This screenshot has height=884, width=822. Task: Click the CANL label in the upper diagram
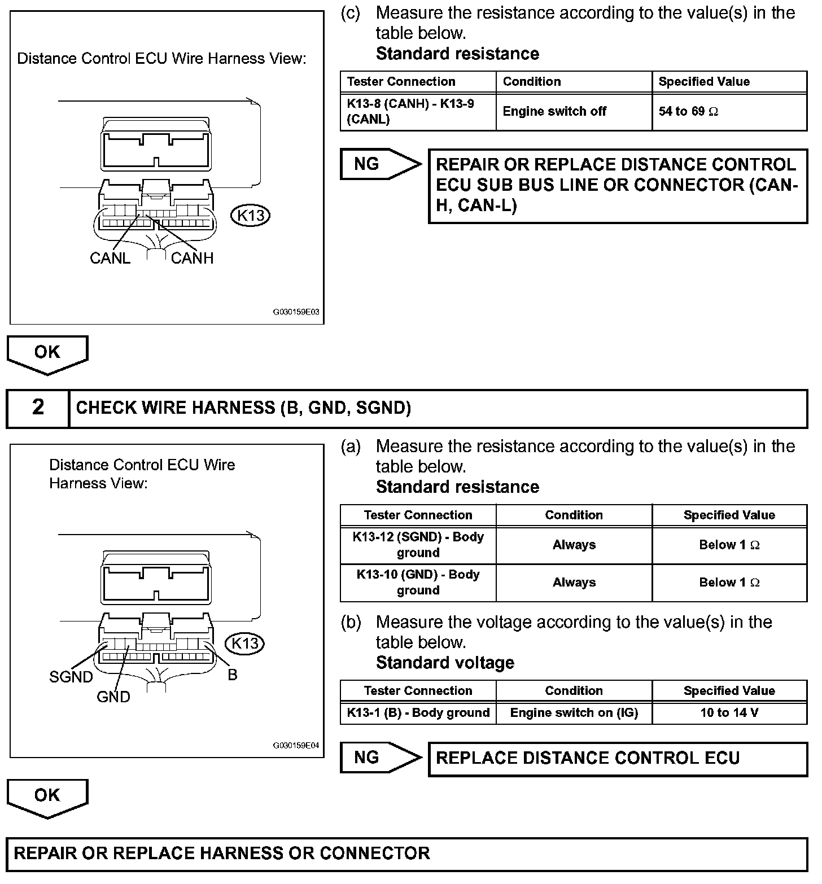(110, 258)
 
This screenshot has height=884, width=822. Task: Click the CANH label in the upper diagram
(192, 258)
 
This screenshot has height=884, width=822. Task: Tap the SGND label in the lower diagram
(71, 677)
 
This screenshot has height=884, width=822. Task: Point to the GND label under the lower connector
(113, 697)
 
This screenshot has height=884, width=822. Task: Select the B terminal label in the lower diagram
(233, 675)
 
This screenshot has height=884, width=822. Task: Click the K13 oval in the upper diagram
(251, 215)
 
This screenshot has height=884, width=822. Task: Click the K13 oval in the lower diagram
(245, 644)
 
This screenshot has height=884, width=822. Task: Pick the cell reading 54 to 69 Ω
(729, 112)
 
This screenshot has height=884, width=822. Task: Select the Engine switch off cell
(574, 112)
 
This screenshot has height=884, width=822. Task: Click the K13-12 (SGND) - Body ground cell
(418, 545)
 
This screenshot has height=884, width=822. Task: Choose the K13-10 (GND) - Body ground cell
(418, 582)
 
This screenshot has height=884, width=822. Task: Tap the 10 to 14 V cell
(729, 712)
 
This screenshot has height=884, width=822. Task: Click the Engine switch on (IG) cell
(574, 712)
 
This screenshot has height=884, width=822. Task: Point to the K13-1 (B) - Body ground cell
(418, 712)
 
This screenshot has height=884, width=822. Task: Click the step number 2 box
(38, 408)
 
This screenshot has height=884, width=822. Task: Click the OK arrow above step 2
(47, 353)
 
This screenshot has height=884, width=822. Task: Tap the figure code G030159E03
(296, 312)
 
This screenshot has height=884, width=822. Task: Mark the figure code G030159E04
(296, 745)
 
